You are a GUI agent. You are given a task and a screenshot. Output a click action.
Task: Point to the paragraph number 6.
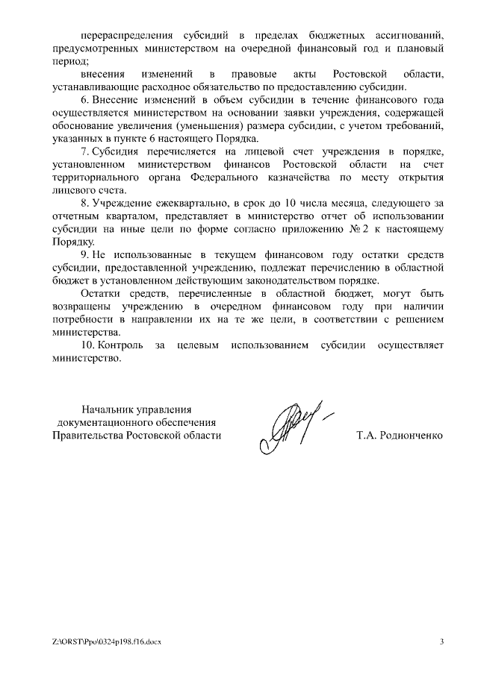click(84, 99)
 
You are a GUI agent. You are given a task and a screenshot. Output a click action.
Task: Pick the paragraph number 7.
click(84, 151)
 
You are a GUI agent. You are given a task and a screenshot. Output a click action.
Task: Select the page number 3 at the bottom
click(441, 641)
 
